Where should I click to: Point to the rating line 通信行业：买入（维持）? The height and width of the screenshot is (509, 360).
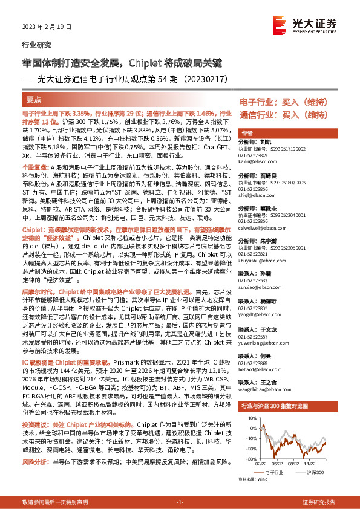(x=287, y=114)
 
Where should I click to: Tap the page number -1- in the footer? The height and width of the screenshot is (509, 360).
(x=180, y=502)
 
